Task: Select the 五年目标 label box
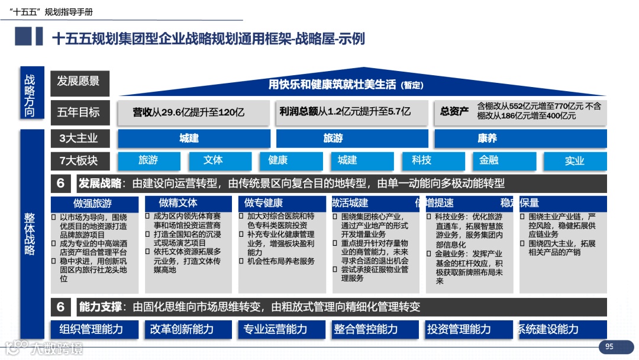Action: tap(79, 112)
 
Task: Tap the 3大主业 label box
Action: tap(79, 139)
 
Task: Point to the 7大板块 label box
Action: tap(79, 160)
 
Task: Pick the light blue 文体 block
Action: tap(213, 160)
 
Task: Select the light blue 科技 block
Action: tap(421, 160)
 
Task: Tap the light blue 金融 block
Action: tap(489, 160)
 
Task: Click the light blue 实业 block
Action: tap(574, 160)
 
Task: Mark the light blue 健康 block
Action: tap(277, 160)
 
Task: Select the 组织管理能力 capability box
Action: tap(91, 329)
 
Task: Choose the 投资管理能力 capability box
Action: tap(459, 329)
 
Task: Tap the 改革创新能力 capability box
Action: tap(182, 329)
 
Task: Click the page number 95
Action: tap(609, 346)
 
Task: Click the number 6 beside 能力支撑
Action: tap(61, 307)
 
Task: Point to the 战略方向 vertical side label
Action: tap(30, 95)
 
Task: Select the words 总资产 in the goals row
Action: tap(454, 111)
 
